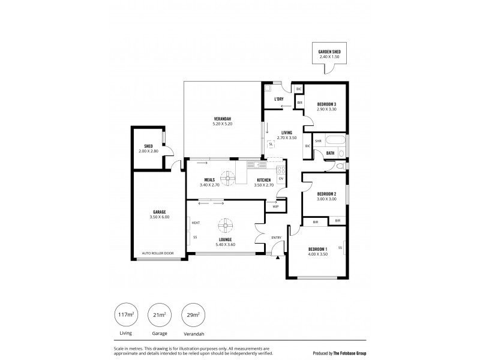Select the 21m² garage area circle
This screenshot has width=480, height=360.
coord(159,315)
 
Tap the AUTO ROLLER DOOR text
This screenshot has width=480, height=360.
coord(157,253)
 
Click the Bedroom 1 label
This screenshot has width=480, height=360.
coord(318,248)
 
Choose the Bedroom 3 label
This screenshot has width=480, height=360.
coord(326,104)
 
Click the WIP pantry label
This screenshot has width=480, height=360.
coord(275,206)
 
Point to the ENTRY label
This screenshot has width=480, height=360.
coord(277,238)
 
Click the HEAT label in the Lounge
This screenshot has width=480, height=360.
coord(196,223)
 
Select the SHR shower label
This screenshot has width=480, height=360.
coord(319,142)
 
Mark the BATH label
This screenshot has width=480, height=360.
coord(330,154)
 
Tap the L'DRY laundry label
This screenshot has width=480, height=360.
coord(278,98)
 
